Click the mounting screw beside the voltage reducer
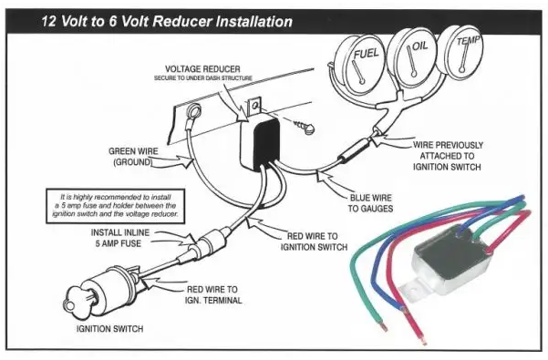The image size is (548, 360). point(304,126)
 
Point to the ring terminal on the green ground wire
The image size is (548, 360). point(193,112)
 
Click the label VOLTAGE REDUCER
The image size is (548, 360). point(202,69)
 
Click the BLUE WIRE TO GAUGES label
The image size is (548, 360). point(370,203)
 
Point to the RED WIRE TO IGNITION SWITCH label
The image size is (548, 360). point(313,242)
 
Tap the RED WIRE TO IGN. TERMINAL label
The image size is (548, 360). point(212,295)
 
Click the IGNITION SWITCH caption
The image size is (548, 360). point(109,329)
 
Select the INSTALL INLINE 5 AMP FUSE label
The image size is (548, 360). point(119,238)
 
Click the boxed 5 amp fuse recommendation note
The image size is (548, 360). point(115,206)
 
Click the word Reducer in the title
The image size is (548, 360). point(182,21)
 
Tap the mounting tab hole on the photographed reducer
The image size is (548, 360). point(414,290)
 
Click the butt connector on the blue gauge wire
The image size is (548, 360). point(354,149)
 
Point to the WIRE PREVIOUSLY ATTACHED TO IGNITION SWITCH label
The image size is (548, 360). point(447,156)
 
